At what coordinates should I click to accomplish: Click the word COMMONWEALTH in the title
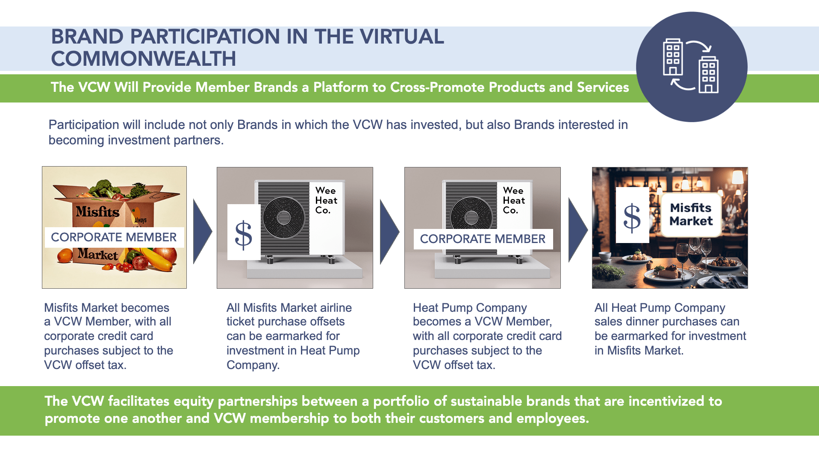tap(143, 59)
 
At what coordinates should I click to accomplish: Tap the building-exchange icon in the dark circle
tap(691, 66)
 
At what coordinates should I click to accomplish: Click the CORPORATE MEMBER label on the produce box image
tap(114, 237)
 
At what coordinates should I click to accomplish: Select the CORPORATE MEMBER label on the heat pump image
tap(483, 239)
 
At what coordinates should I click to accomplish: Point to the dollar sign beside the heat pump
tap(244, 234)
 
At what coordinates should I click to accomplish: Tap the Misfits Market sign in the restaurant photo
tap(691, 214)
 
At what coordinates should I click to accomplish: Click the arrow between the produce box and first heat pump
tap(202, 231)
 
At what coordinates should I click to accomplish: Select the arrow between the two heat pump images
tap(389, 231)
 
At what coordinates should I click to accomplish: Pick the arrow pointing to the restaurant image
tap(577, 230)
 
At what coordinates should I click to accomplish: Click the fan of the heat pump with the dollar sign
tap(283, 218)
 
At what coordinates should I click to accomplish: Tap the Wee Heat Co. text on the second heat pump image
tap(513, 200)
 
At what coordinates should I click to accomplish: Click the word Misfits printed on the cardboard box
tap(97, 211)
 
